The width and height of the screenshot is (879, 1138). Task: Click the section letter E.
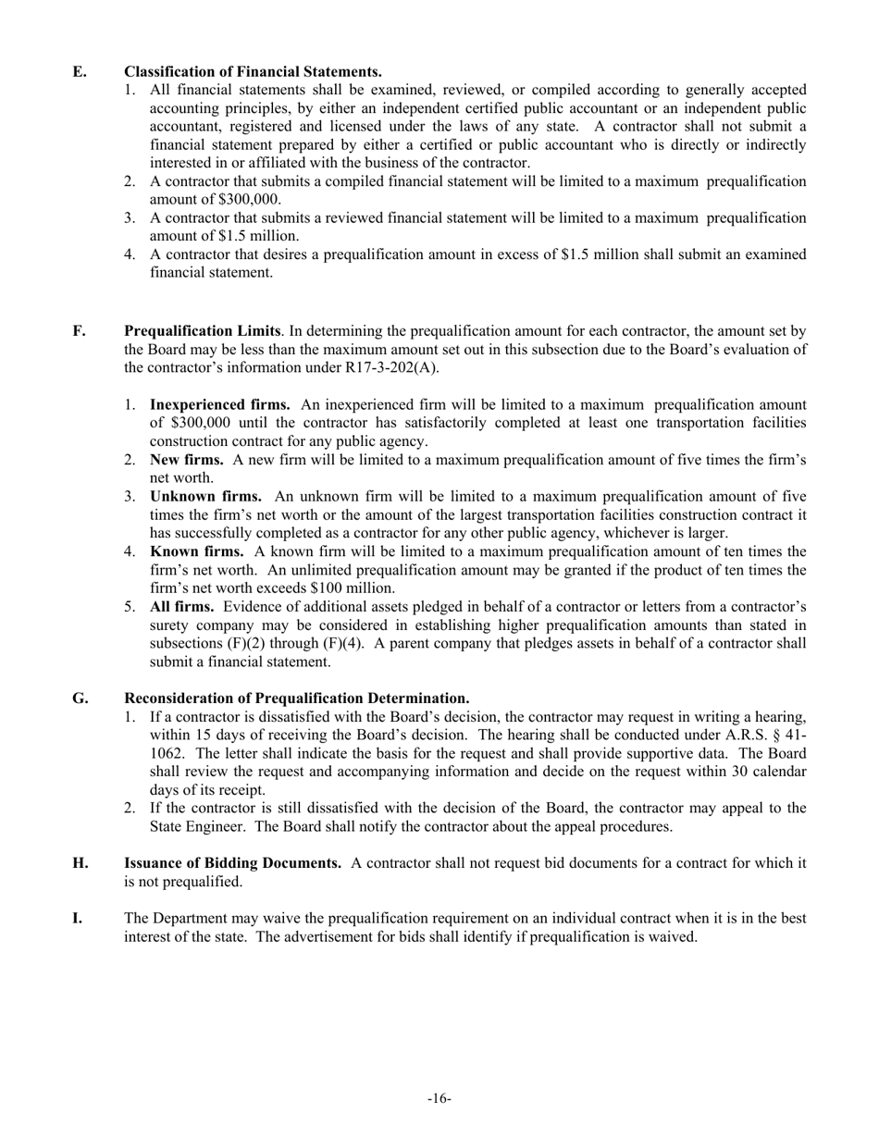point(79,71)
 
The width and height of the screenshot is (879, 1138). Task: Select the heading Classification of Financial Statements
point(253,71)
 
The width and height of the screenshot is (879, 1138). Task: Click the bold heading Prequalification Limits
point(202,330)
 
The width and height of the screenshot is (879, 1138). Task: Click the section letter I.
point(78,918)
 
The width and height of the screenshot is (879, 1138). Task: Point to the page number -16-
point(439,1098)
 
